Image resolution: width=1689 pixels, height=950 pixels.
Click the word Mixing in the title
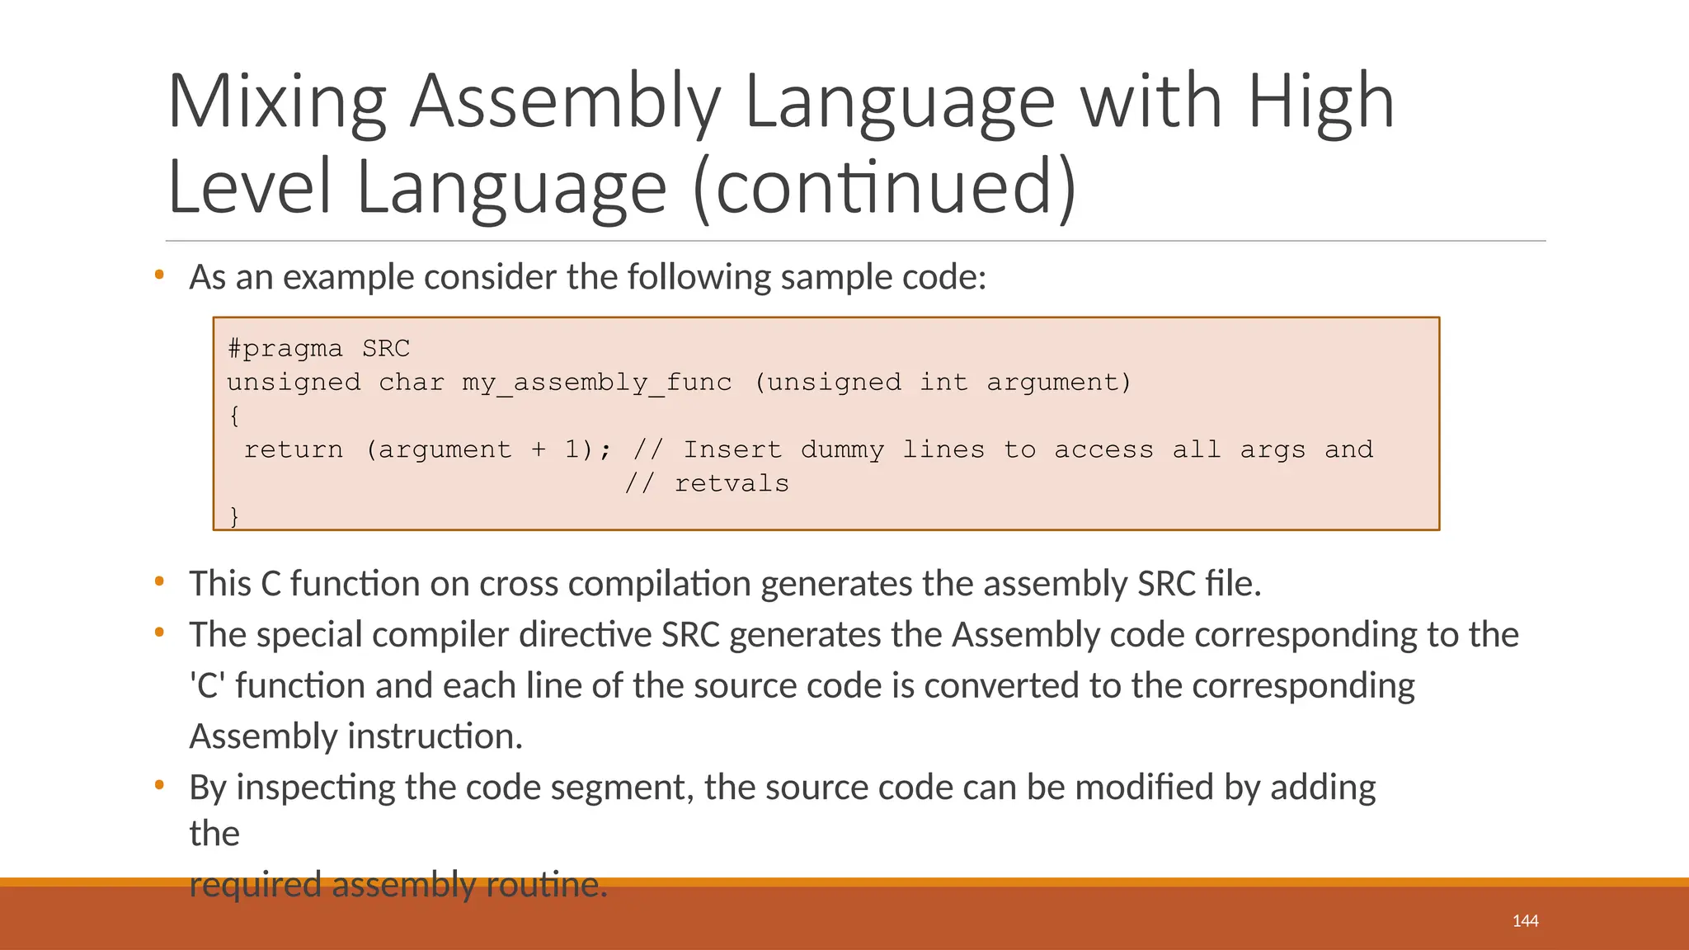click(277, 102)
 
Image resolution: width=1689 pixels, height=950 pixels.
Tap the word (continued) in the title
click(886, 188)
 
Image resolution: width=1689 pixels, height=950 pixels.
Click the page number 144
click(1525, 921)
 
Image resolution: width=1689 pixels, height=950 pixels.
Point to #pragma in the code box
click(285, 349)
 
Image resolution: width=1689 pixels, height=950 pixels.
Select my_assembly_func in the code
click(596, 383)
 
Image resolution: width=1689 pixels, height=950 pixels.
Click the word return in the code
click(294, 450)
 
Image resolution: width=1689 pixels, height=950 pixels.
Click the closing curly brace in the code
click(234, 516)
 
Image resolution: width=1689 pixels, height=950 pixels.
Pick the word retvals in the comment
click(732, 484)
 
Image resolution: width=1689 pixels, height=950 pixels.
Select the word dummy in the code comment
click(842, 450)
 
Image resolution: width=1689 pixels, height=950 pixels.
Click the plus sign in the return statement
click(539, 450)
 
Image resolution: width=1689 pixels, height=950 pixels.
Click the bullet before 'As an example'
click(159, 275)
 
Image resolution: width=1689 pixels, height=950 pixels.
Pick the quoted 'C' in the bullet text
click(207, 686)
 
